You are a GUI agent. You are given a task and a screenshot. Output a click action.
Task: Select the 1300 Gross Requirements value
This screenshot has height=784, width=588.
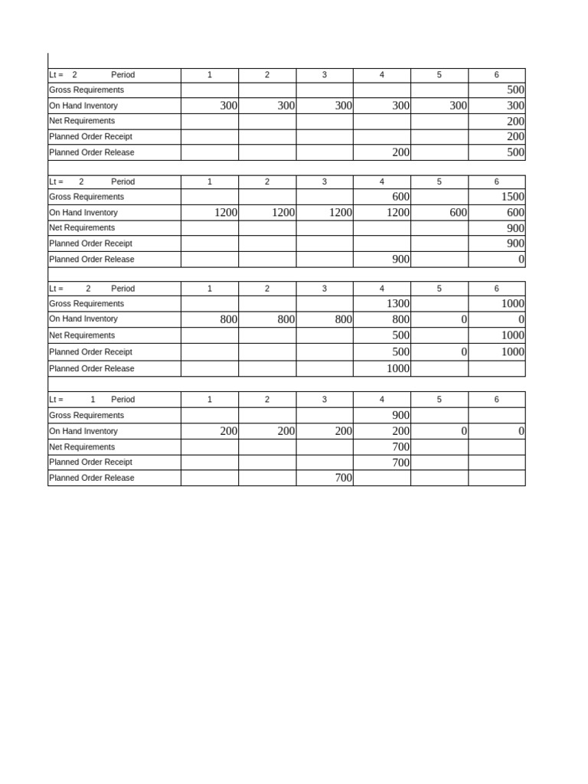398,303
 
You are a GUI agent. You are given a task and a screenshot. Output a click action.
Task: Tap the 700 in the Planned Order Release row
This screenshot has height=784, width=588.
343,478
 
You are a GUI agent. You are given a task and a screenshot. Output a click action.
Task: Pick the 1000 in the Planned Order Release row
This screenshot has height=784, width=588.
398,368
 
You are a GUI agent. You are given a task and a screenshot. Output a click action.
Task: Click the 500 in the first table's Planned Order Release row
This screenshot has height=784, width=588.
515,152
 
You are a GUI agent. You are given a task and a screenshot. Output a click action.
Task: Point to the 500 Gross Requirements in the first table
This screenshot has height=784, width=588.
515,90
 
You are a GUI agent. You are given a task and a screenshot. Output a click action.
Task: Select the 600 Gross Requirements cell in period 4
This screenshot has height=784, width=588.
400,197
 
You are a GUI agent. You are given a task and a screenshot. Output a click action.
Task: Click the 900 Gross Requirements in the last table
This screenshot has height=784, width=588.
400,415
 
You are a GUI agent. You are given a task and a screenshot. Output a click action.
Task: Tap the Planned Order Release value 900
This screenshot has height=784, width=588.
400,260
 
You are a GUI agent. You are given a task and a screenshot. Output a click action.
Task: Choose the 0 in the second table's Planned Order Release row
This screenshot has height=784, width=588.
521,260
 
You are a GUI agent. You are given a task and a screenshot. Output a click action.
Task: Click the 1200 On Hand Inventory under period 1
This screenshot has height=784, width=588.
226,213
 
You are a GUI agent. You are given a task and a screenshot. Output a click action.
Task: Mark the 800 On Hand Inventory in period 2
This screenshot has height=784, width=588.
286,319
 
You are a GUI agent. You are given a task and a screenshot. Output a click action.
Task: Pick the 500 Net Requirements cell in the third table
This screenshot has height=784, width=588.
400,335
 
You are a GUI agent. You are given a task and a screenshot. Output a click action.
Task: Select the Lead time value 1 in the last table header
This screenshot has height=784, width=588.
93,400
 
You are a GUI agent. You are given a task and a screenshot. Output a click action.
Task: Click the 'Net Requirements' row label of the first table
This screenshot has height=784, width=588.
82,121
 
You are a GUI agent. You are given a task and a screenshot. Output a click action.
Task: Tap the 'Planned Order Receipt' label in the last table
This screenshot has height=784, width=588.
90,462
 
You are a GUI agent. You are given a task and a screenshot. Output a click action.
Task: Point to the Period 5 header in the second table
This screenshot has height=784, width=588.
439,182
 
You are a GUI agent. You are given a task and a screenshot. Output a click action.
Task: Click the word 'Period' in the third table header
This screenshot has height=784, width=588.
122,289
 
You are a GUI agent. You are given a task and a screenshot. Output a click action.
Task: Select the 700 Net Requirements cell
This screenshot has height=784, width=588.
400,447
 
